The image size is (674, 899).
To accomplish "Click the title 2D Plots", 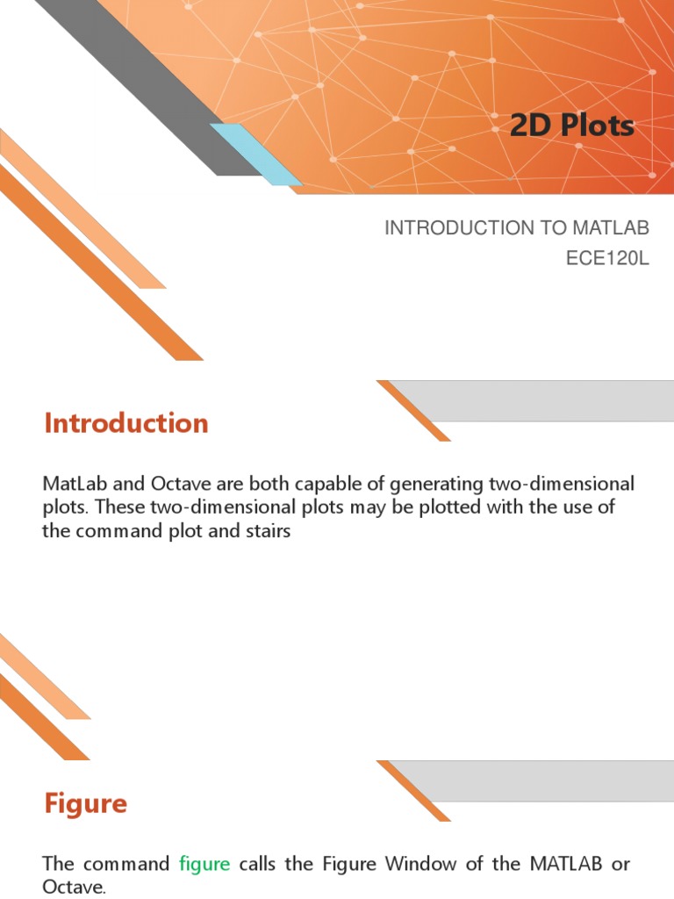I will coord(571,126).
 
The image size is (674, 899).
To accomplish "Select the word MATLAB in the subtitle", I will coord(611,228).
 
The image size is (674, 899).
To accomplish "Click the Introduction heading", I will coord(126,423).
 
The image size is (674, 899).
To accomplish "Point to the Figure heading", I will coord(86,803).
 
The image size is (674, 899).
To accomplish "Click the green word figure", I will coord(204,864).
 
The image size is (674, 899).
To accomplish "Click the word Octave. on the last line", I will coord(74,888).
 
